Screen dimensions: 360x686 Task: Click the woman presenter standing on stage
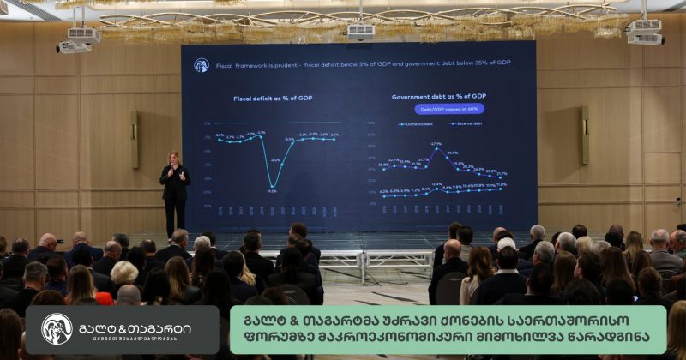175,186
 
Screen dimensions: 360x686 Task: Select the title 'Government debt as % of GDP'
439,97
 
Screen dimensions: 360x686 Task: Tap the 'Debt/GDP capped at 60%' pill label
449,109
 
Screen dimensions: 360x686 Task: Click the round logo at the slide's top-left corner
202,65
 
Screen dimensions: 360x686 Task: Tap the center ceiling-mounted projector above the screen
361,32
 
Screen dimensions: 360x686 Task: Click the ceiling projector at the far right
645,32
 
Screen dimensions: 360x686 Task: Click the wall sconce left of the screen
135,140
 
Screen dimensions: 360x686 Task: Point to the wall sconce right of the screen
585,135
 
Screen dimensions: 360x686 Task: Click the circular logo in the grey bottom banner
57,329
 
